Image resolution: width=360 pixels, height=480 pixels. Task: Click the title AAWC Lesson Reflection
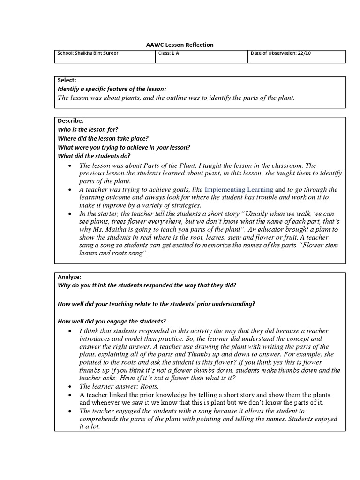[180, 45]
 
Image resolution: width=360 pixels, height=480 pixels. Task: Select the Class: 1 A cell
[169, 53]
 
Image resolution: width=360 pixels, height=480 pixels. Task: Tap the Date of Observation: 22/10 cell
[280, 53]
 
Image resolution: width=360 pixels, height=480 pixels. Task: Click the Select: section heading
[67, 81]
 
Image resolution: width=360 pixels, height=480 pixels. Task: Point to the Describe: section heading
[70, 121]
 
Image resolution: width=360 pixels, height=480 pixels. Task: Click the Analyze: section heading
[69, 277]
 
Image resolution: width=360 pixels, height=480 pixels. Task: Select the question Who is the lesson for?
[88, 130]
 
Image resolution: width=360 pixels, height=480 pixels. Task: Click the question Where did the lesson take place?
[103, 138]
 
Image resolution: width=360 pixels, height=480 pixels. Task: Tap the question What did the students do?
[94, 156]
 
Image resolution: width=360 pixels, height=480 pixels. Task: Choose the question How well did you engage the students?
[112, 321]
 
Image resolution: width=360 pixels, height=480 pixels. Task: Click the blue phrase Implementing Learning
[239, 190]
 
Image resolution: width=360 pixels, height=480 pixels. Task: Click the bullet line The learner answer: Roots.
[119, 386]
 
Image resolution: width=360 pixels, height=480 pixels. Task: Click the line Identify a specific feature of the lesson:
[112, 89]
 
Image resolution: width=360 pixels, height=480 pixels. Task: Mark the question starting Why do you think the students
[147, 285]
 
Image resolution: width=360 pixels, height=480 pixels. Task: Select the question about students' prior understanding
[156, 304]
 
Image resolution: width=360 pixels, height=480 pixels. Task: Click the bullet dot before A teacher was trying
[69, 190]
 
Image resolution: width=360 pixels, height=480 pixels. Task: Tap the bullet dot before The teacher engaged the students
[69, 411]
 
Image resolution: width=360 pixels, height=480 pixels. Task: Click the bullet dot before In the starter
[69, 214]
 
